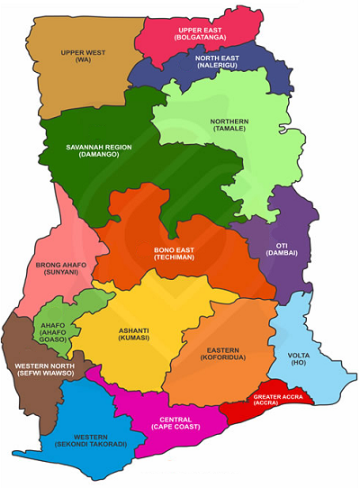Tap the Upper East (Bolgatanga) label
[x=202, y=33]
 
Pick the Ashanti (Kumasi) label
[x=135, y=335]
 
